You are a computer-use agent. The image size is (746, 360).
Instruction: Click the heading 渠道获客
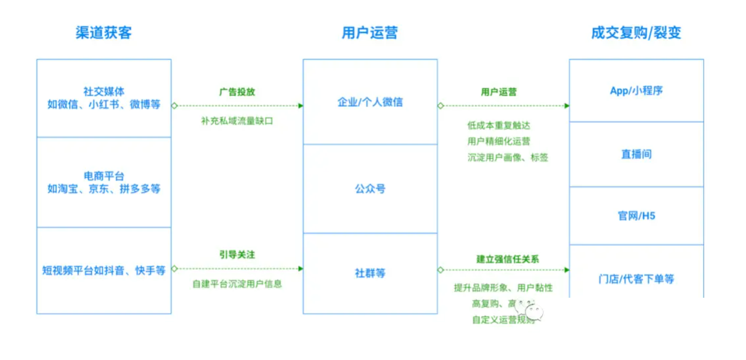[x=103, y=33]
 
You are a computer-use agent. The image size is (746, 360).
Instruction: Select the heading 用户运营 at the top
[x=369, y=33]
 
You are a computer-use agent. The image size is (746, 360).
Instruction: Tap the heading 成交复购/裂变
[x=636, y=33]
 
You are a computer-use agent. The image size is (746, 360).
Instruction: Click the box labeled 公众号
[x=370, y=189]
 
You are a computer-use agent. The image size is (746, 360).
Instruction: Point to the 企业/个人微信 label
[x=370, y=102]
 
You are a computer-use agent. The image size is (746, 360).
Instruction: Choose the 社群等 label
[x=370, y=273]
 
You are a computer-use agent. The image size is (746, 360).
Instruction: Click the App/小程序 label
[x=636, y=91]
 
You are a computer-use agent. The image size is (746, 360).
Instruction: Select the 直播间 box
[x=636, y=154]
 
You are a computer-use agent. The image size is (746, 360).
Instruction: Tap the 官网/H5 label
[x=636, y=216]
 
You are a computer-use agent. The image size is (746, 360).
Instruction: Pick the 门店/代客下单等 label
[x=636, y=279]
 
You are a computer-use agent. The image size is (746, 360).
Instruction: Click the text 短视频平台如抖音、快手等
[x=103, y=270]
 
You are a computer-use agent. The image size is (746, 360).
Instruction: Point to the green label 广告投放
[x=237, y=92]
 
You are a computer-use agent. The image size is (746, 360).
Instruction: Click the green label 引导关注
[x=237, y=255]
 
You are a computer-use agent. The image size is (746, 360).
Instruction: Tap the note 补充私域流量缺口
[x=237, y=121]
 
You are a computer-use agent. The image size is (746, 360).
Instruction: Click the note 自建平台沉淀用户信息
[x=237, y=284]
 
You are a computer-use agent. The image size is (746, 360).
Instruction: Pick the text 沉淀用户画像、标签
[x=508, y=158]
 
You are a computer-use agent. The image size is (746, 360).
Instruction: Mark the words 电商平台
[x=103, y=176]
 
